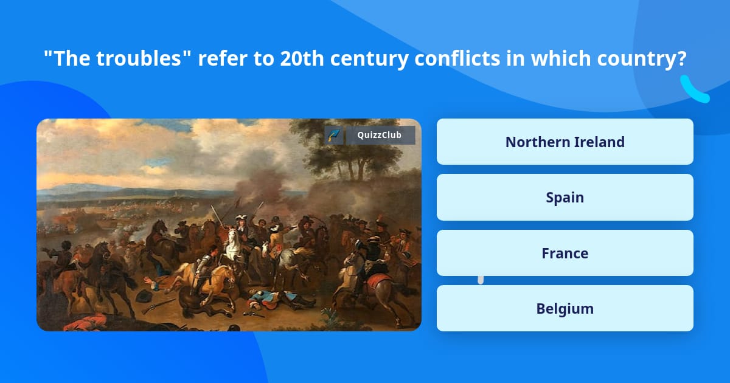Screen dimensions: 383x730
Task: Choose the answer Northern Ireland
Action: click(x=565, y=142)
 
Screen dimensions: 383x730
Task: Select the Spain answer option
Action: click(x=565, y=198)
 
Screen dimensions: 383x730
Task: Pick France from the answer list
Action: click(x=565, y=253)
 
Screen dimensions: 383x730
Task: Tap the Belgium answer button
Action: click(x=565, y=309)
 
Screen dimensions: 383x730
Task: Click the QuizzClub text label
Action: click(x=379, y=135)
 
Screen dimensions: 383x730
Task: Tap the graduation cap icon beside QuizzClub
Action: click(x=333, y=135)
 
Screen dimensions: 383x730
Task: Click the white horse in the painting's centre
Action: click(x=232, y=246)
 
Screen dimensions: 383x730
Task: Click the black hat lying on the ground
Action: click(x=144, y=296)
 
